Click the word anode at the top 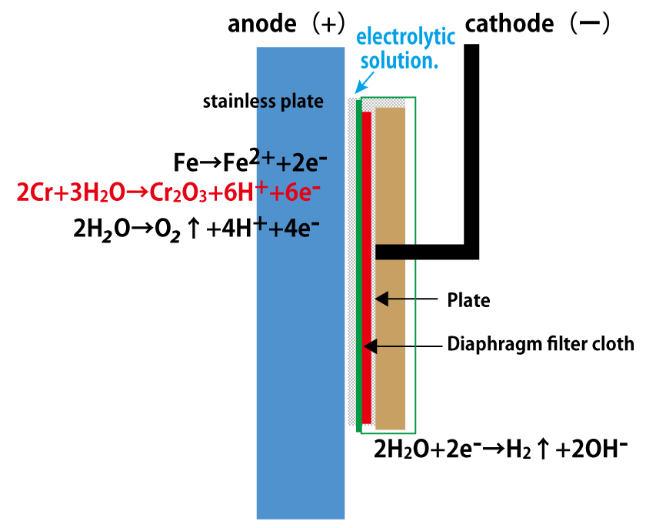(x=261, y=24)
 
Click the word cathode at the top (x=509, y=24)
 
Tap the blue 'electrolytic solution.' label (x=406, y=48)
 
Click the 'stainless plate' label (x=263, y=102)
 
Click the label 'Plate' (x=468, y=299)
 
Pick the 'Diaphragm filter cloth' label (x=540, y=344)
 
